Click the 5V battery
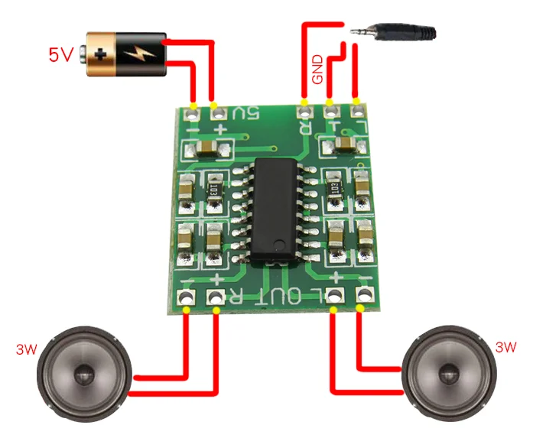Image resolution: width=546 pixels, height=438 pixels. click(x=127, y=53)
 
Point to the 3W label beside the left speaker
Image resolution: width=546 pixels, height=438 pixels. click(x=25, y=350)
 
